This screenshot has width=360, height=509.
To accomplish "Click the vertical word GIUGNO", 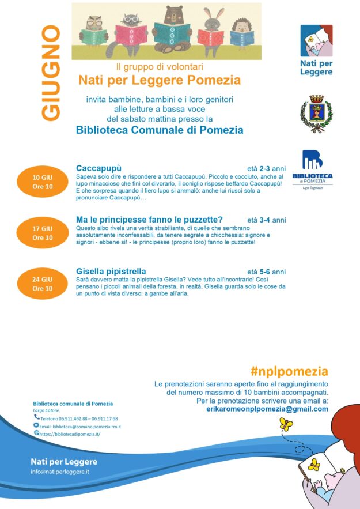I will (51, 73).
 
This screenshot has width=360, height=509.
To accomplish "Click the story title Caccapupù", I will (98, 168).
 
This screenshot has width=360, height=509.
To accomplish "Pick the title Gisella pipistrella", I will (111, 271).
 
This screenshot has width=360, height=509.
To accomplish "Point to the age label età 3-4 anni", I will (266, 220).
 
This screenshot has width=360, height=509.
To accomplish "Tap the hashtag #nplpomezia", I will (289, 371).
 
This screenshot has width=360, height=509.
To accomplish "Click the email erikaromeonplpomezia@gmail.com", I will (267, 409).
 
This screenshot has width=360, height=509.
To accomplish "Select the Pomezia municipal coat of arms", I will (316, 114).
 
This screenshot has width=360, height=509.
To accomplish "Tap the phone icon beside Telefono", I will (37, 417).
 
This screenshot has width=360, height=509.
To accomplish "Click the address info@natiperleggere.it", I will (60, 472).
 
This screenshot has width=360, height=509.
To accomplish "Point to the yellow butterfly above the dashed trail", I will (286, 424).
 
